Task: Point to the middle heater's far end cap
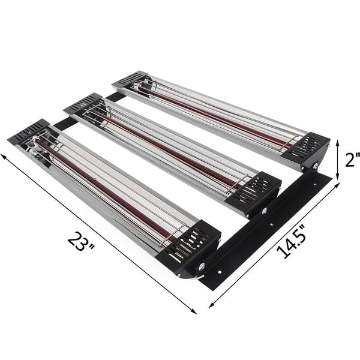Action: pos(83,103)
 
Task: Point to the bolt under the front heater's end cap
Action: pos(201,266)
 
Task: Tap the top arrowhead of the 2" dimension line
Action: pos(338,142)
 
